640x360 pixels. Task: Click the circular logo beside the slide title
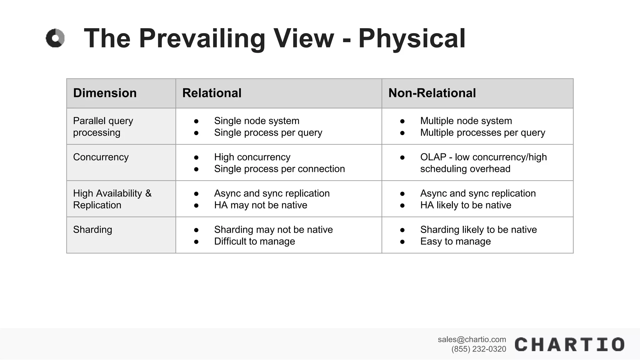tap(55, 38)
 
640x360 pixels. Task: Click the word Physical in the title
tap(412, 38)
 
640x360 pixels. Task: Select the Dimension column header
tap(105, 93)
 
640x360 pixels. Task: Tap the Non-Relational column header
tap(432, 93)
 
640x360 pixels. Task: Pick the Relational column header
tap(212, 93)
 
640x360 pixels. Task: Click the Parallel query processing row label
tap(103, 127)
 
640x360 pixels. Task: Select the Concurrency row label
tap(101, 157)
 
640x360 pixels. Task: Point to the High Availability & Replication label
tap(112, 199)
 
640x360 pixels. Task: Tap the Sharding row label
tap(92, 229)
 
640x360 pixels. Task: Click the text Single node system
tap(257, 121)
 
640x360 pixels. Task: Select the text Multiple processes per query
tap(482, 132)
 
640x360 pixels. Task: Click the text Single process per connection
tap(279, 169)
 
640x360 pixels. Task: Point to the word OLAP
tap(433, 157)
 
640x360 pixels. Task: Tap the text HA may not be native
tap(261, 205)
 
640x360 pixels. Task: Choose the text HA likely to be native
tap(466, 205)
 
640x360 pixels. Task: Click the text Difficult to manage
tap(254, 241)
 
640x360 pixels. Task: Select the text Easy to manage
tap(455, 241)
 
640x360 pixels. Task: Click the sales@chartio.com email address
tap(472, 339)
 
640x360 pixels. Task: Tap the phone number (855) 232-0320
tap(478, 349)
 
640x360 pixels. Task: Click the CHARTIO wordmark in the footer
tap(569, 344)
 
